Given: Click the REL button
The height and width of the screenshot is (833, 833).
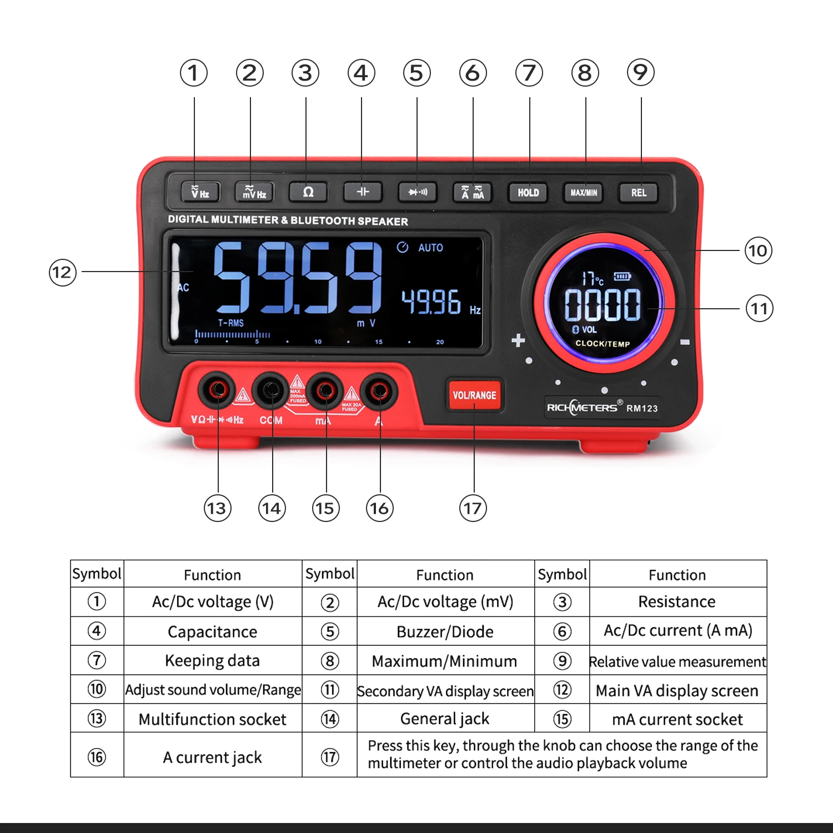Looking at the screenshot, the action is click(639, 193).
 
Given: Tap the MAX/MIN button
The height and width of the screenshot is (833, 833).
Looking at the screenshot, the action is click(584, 193).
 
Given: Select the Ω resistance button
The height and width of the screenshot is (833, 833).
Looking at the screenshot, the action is click(308, 192).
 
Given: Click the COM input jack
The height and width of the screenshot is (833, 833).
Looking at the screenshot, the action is click(271, 390).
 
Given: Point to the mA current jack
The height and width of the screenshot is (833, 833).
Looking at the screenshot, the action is click(325, 390).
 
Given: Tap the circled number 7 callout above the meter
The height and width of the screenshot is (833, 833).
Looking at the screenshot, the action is click(529, 73).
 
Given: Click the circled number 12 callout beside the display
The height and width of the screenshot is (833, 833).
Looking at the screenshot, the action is click(62, 272).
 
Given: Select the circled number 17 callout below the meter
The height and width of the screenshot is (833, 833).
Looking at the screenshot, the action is click(473, 508).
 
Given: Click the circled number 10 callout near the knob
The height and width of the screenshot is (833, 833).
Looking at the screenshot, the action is click(758, 251).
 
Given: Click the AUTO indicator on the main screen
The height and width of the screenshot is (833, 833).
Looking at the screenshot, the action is click(430, 248).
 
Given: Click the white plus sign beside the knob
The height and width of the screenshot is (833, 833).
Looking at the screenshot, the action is click(518, 340).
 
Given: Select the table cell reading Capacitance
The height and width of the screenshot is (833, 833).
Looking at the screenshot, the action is click(213, 631).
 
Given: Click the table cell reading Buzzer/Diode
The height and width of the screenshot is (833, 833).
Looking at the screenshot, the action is click(445, 631).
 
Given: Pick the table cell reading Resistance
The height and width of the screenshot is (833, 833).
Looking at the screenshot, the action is click(677, 601).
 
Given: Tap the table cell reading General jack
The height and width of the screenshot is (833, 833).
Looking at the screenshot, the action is click(445, 719).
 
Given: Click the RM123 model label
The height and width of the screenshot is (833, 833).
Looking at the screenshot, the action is click(642, 408).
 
